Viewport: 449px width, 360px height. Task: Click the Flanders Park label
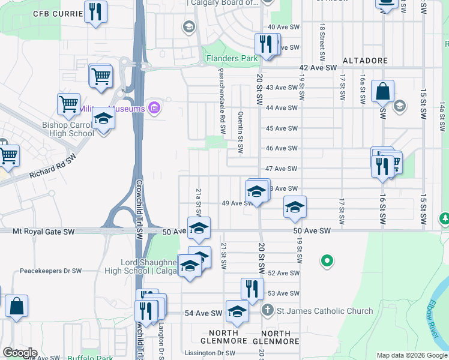pos(231,59)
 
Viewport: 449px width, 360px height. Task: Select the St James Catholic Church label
pos(324,311)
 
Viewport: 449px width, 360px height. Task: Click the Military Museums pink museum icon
pos(154,109)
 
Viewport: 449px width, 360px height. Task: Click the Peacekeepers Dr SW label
pos(50,271)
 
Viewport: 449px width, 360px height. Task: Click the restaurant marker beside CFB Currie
pos(96,12)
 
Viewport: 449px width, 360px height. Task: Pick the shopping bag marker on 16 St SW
pos(382,92)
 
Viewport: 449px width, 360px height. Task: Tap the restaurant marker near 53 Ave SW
pos(253,289)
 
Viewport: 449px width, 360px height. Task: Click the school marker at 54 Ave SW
pos(237,311)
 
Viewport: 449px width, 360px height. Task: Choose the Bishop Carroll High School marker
pos(103,121)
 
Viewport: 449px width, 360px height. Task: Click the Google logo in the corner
pos(20,353)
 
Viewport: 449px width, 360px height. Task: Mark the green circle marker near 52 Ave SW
pos(327,261)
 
